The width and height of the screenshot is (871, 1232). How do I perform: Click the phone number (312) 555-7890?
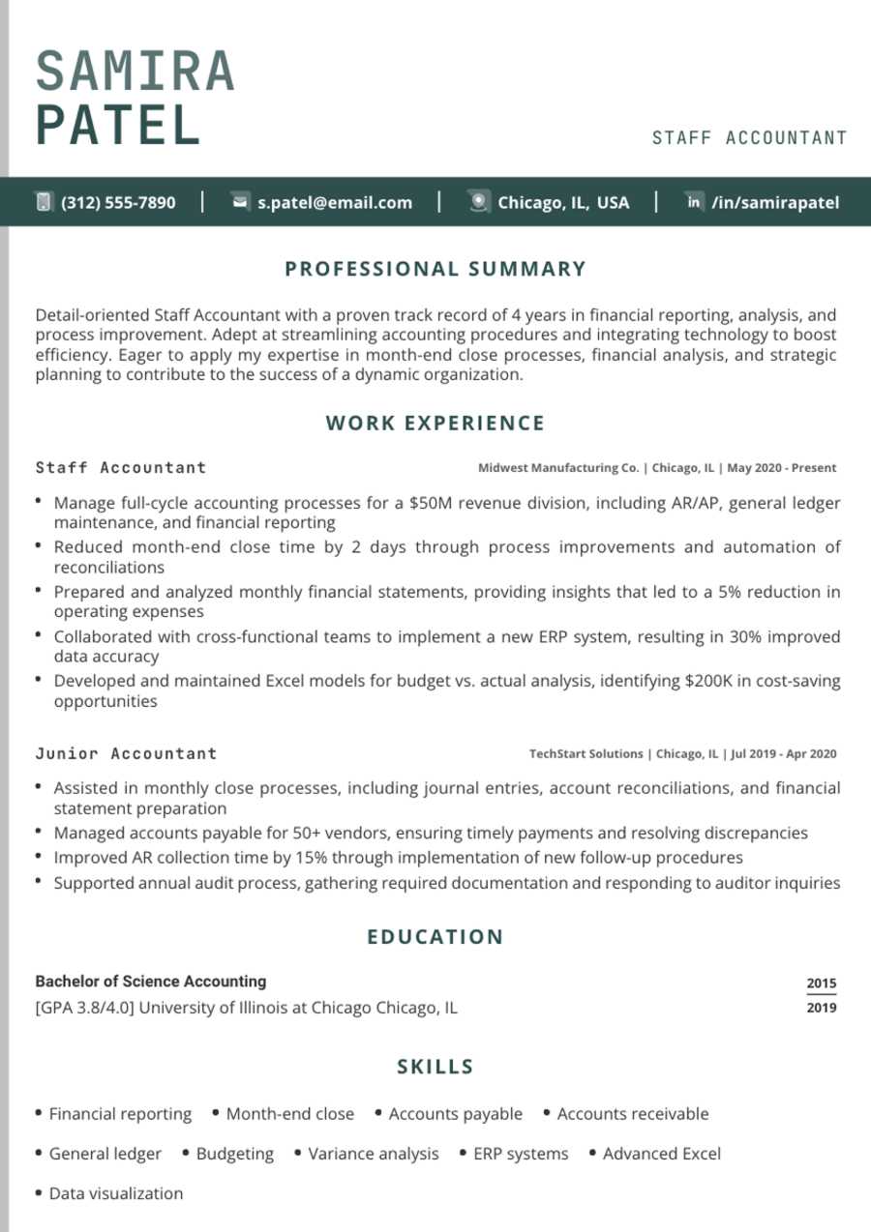118,202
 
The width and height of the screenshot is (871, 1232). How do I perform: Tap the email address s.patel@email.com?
335,202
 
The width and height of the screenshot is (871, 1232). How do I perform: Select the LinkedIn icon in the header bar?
694,201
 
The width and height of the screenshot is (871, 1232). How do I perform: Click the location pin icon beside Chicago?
478,201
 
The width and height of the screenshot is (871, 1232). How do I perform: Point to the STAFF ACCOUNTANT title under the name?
749,138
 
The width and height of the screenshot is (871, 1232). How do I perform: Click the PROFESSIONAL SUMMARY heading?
435,269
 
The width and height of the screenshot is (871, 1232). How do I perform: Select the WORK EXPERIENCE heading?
435,423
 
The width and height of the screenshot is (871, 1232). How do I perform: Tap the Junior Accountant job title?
126,753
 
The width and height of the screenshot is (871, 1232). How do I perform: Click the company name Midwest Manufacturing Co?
558,468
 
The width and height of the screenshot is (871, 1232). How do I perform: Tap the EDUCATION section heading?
435,936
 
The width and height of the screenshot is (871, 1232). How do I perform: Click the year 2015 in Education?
821,983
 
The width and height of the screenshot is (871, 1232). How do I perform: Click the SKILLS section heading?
435,1067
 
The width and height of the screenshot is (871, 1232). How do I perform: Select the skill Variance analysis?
373,1154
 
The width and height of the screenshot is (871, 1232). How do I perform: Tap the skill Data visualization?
115,1193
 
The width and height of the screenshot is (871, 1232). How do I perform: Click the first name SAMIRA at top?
135,72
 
